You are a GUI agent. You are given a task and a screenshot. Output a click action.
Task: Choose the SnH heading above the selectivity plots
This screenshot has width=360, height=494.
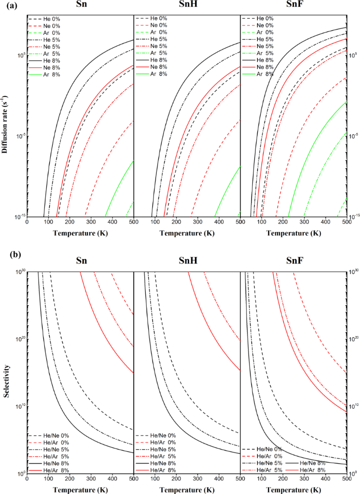(x=186, y=261)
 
